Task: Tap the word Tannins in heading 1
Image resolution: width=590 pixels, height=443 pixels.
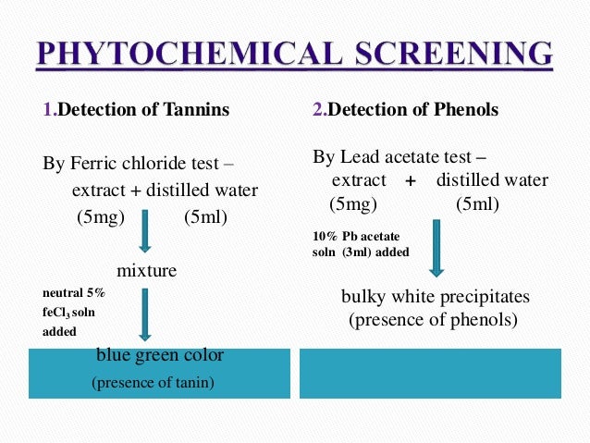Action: coord(197,111)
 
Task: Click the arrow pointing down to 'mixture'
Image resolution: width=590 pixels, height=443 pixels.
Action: coord(144,231)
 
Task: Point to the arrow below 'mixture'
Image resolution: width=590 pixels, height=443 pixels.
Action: coord(144,314)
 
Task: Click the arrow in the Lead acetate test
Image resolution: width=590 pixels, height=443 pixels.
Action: coord(436,248)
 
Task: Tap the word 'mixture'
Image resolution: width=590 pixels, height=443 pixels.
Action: coord(146,271)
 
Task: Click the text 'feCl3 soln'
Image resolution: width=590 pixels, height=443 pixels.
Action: coord(68,312)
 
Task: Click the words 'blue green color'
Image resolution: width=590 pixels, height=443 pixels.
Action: coord(159,355)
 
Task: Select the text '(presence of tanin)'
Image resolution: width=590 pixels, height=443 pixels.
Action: coord(153,382)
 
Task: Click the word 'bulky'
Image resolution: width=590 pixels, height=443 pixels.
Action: coord(363,298)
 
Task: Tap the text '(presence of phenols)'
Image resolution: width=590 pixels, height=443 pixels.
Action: coord(433,320)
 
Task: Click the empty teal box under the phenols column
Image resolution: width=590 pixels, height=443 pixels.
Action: coord(430,373)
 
